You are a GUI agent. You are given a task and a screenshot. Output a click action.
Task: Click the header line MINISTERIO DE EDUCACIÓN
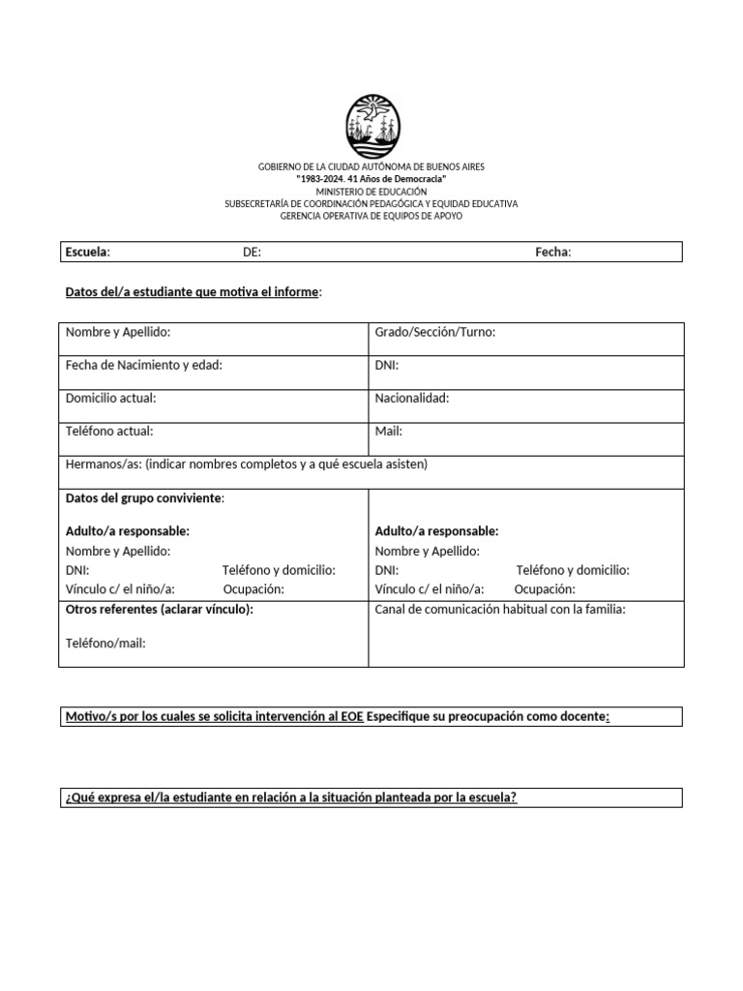(371, 192)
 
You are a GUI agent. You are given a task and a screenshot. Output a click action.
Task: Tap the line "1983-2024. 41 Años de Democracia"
(371, 180)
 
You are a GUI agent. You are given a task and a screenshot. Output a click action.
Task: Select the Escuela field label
(87, 252)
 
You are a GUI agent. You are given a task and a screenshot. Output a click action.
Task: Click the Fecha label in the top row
(552, 252)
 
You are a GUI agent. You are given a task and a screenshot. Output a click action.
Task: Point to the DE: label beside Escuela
(252, 252)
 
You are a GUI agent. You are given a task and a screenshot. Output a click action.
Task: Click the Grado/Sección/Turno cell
(434, 332)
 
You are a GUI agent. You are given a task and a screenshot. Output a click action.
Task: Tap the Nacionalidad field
(411, 398)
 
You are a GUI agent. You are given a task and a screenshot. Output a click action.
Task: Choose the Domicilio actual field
(110, 398)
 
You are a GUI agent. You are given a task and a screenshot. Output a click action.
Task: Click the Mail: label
(388, 431)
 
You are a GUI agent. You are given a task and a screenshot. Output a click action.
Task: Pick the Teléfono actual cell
(109, 431)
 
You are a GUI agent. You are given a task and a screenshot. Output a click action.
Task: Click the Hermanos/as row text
(246, 465)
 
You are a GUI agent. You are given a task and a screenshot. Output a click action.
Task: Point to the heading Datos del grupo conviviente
(144, 497)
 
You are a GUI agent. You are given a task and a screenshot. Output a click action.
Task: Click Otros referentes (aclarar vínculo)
(159, 610)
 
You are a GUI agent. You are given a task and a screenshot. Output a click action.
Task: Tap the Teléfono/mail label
(105, 643)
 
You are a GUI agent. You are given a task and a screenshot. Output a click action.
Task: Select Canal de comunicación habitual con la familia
(500, 610)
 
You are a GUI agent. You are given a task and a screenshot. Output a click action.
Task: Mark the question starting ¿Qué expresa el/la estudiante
(291, 797)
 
